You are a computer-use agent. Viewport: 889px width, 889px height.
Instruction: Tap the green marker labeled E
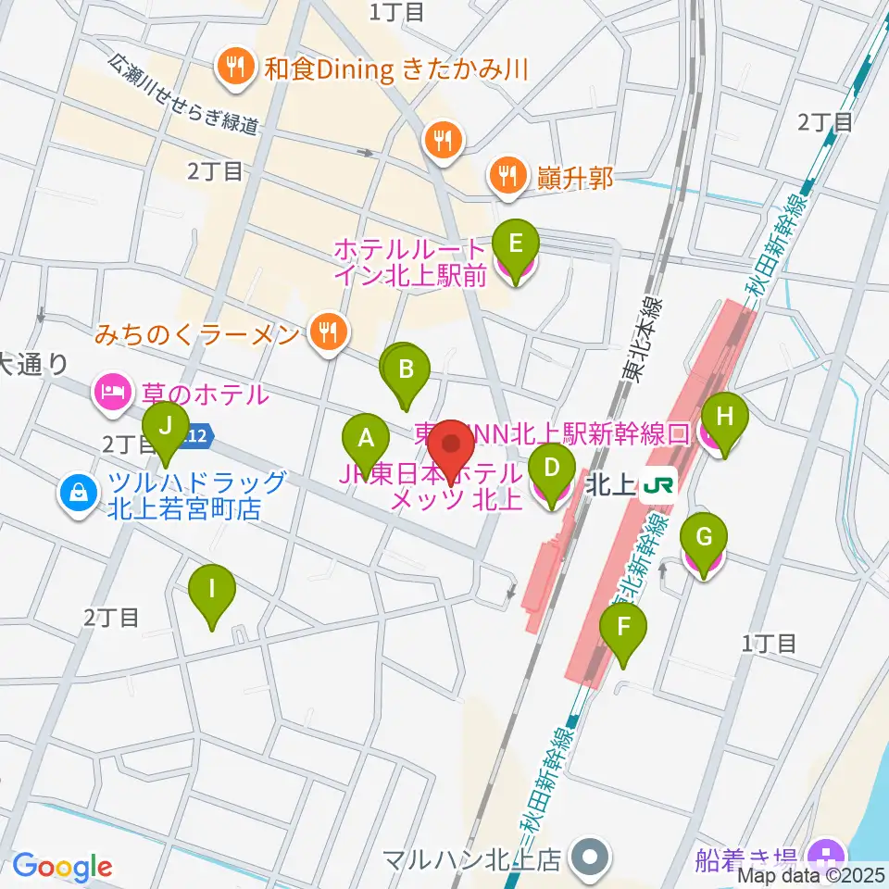517,246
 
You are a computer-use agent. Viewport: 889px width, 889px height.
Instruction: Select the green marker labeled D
552,469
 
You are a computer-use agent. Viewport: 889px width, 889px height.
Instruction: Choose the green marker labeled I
212,589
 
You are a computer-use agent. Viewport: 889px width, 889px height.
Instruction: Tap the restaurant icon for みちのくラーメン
327,330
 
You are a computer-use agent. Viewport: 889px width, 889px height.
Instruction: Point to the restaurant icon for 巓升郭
506,172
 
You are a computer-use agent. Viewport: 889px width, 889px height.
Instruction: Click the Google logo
62,867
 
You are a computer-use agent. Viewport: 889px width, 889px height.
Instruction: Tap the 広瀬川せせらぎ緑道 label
182,94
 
